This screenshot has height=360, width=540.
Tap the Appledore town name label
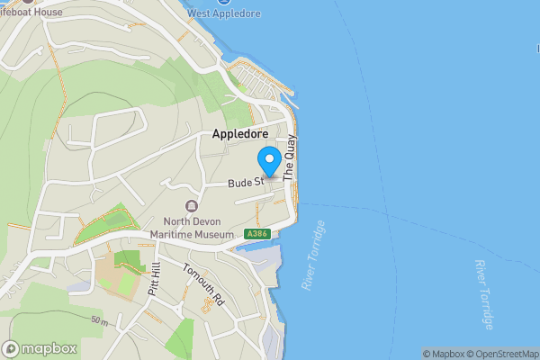[239, 133]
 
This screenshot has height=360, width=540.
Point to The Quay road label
[290, 159]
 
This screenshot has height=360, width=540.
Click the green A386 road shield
[256, 234]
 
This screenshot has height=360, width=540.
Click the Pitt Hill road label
[154, 280]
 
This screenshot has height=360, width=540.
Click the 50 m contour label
[99, 319]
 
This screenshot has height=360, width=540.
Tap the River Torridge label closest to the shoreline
[315, 255]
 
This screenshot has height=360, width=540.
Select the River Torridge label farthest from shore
[485, 294]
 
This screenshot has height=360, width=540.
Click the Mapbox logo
[40, 348]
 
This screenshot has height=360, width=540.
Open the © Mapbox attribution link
[444, 354]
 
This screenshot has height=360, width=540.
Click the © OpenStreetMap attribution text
[503, 354]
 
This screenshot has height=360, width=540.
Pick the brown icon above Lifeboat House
[27, 0]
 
